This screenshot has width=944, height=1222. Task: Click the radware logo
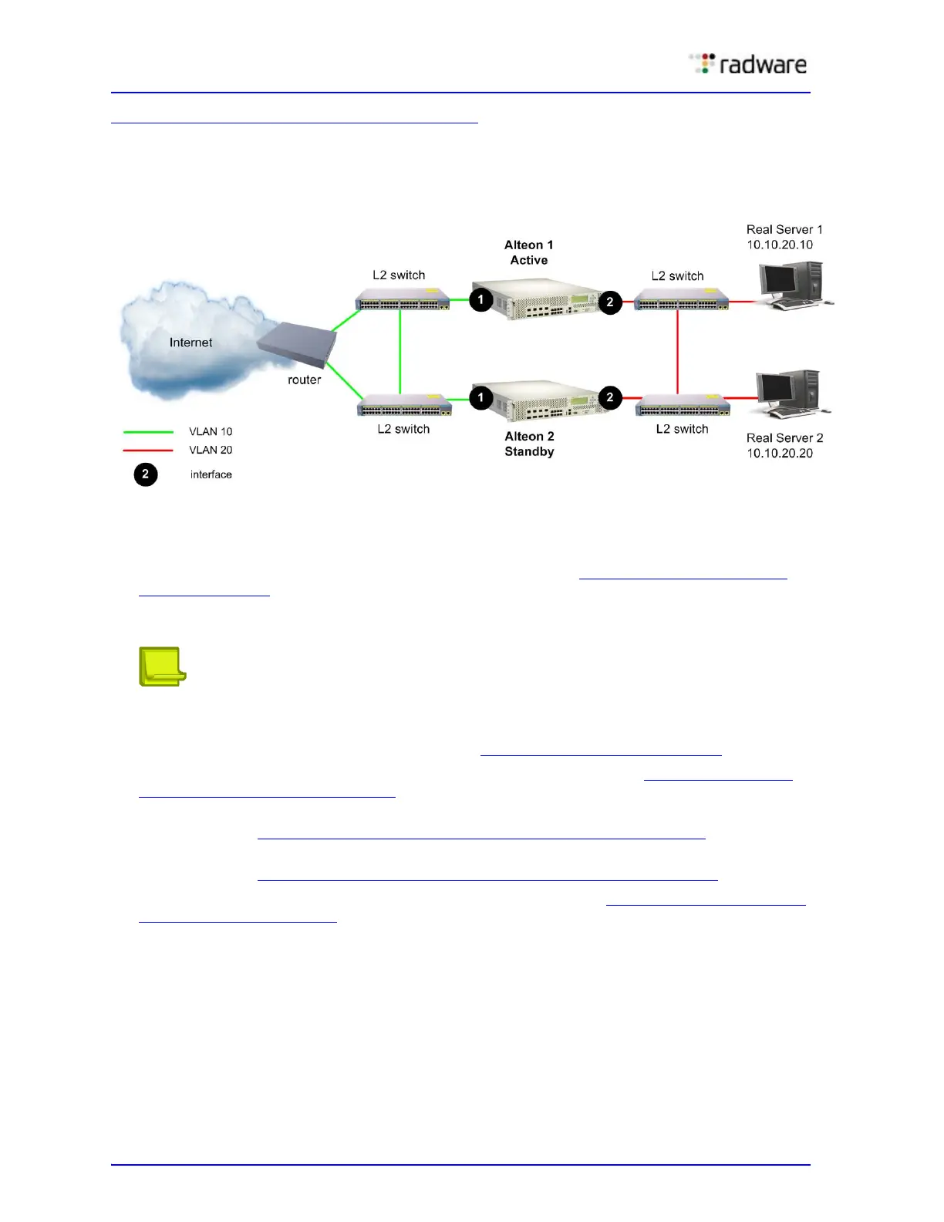[x=747, y=64]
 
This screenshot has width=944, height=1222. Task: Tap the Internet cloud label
[x=190, y=343]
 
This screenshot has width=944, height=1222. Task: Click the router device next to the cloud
[x=297, y=344]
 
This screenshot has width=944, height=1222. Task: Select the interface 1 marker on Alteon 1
[x=481, y=299]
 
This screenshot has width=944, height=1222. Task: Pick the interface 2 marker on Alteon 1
[x=610, y=302]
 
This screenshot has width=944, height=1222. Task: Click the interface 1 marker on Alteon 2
[x=481, y=397]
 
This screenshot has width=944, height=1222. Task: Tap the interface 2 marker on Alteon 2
[x=610, y=397]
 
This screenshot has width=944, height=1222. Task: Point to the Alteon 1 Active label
[x=529, y=252]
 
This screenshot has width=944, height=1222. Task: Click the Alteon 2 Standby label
[x=529, y=444]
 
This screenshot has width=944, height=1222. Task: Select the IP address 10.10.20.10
[x=779, y=245]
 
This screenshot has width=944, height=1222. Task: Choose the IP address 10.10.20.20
[x=779, y=453]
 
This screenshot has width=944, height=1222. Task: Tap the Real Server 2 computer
[x=790, y=393]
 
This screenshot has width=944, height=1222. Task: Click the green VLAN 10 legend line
[x=148, y=432]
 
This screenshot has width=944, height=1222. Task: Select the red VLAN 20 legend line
[x=148, y=451]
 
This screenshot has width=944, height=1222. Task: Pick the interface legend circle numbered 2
[x=146, y=474]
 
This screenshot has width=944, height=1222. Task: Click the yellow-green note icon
[x=162, y=667]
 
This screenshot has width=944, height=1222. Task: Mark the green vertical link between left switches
[x=400, y=351]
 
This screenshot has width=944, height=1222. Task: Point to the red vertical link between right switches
[x=678, y=351]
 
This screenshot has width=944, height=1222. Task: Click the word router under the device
[x=304, y=380]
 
